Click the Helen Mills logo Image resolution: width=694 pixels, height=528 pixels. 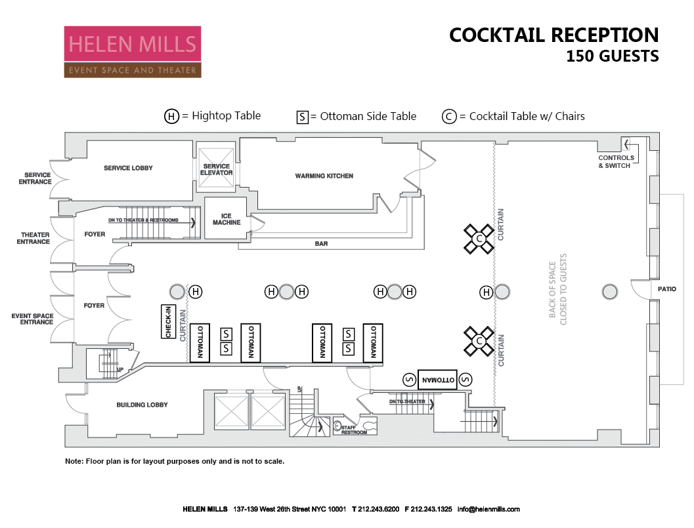[132, 52]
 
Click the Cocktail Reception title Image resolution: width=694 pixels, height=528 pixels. [553, 35]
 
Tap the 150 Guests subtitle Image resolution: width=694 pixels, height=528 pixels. [612, 56]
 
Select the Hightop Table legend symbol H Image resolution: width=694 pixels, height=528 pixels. [171, 117]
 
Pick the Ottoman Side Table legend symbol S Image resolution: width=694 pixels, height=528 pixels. [303, 117]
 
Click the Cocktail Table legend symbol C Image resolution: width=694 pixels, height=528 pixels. [449, 117]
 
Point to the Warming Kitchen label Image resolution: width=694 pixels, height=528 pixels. [324, 176]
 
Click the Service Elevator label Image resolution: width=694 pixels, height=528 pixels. [216, 170]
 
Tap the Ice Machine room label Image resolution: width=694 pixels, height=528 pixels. [226, 218]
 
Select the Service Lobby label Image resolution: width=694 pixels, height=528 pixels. [128, 168]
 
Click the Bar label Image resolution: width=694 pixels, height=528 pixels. [321, 244]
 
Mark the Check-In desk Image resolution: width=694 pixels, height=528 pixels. [169, 322]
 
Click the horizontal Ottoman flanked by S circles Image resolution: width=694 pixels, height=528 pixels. [437, 379]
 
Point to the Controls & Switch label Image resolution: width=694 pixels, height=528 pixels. [616, 161]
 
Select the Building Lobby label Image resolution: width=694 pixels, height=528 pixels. [142, 405]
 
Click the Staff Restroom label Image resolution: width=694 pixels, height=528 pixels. [353, 430]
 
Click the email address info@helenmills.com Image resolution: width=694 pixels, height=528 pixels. [488, 509]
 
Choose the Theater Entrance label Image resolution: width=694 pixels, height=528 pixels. [35, 238]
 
